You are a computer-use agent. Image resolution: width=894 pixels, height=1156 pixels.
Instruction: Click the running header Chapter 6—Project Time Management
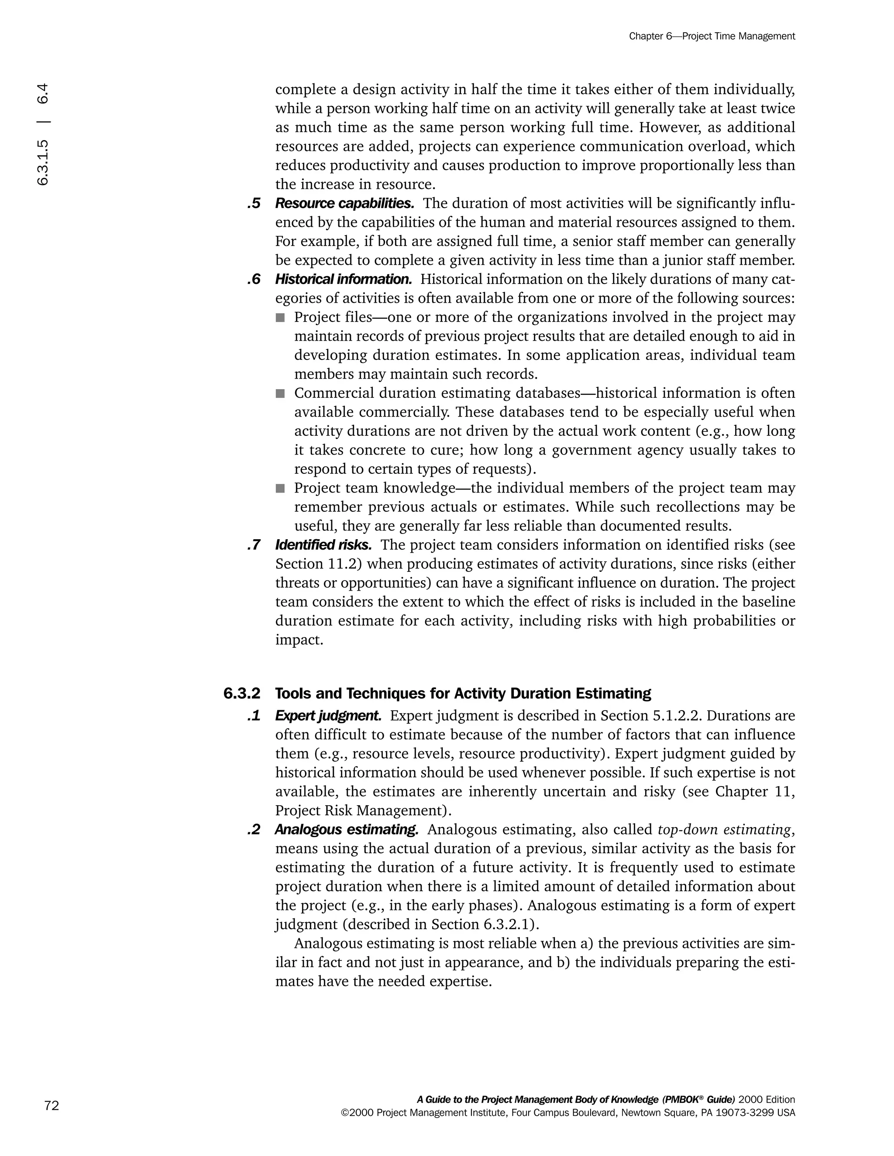point(712,36)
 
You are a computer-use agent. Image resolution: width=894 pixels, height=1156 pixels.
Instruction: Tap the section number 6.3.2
point(242,694)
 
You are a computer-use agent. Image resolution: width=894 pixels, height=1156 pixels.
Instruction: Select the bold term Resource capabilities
point(344,203)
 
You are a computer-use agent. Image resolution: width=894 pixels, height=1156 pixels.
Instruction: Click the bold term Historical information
point(343,279)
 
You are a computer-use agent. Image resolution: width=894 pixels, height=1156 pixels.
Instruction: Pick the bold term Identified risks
point(323,545)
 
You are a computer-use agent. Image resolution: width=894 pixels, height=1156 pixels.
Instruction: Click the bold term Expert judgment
point(328,715)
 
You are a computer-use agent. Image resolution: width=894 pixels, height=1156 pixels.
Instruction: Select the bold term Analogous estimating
point(346,829)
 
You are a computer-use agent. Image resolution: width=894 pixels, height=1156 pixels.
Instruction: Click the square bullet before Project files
point(280,318)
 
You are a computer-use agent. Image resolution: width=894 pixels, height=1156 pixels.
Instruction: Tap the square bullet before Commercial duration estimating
point(280,393)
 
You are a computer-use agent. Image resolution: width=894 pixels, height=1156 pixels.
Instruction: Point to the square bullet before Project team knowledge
point(280,488)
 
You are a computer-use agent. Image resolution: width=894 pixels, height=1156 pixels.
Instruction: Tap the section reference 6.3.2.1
point(508,924)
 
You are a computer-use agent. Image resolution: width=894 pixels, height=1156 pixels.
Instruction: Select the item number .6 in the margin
point(254,279)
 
